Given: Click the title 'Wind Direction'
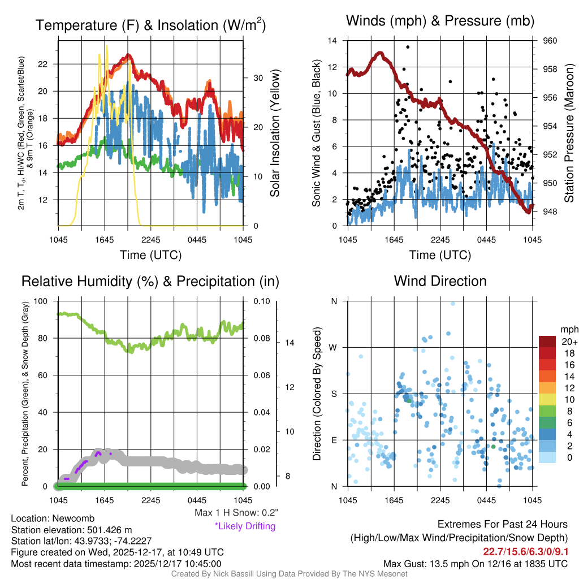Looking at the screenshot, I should pyautogui.click(x=440, y=281).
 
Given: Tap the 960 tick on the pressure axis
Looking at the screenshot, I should pyautogui.click(x=550, y=41).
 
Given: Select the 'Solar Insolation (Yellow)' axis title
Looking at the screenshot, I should pyautogui.click(x=275, y=133).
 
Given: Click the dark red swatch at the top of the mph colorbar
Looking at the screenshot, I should pyautogui.click(x=547, y=342).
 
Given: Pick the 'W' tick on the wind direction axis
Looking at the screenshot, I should pyautogui.click(x=334, y=347).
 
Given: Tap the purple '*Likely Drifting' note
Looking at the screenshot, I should pyautogui.click(x=245, y=526).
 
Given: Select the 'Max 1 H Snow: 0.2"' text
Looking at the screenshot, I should pyautogui.click(x=236, y=513).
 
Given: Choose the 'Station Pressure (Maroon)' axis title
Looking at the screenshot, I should pyautogui.click(x=569, y=133).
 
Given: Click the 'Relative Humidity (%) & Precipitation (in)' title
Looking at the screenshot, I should pyautogui.click(x=150, y=281).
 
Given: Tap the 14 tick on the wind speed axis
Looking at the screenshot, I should pyautogui.click(x=333, y=41).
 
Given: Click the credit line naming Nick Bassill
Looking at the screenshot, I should pyautogui.click(x=289, y=574).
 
